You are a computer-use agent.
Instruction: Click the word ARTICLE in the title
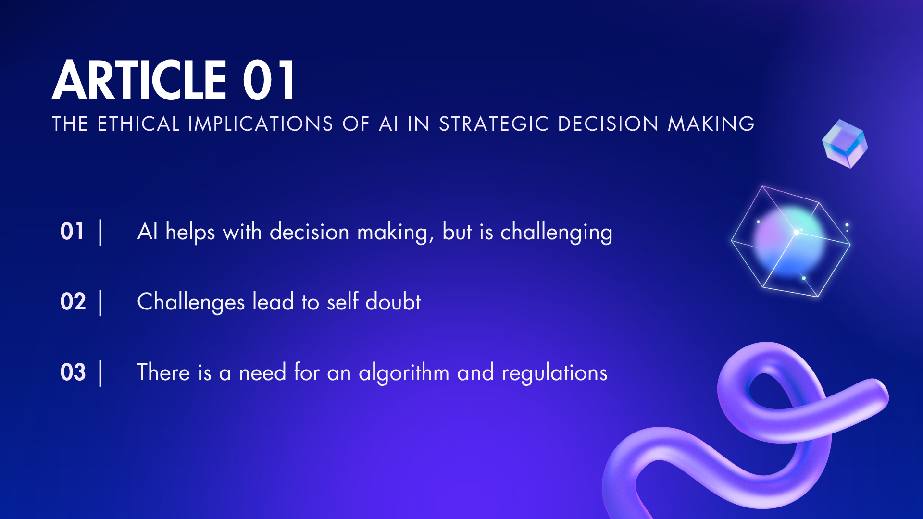tap(139, 80)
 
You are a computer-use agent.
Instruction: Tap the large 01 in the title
tap(269, 80)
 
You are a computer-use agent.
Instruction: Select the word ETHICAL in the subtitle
tap(138, 124)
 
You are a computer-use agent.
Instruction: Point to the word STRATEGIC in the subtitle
tap(494, 124)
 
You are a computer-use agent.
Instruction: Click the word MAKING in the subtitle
tap(711, 124)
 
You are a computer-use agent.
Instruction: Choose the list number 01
tap(73, 232)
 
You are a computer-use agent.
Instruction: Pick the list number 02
tap(73, 302)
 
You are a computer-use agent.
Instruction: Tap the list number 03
tap(73, 372)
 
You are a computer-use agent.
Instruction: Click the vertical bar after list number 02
tap(100, 303)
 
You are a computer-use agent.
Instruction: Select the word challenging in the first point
tap(556, 233)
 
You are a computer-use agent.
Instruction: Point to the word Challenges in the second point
tap(191, 302)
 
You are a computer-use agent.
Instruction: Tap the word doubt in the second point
tap(393, 302)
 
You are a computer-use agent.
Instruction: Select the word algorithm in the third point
tap(404, 373)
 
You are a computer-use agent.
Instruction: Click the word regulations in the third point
tap(554, 373)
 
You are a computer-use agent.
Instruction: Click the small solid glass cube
tap(845, 144)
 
